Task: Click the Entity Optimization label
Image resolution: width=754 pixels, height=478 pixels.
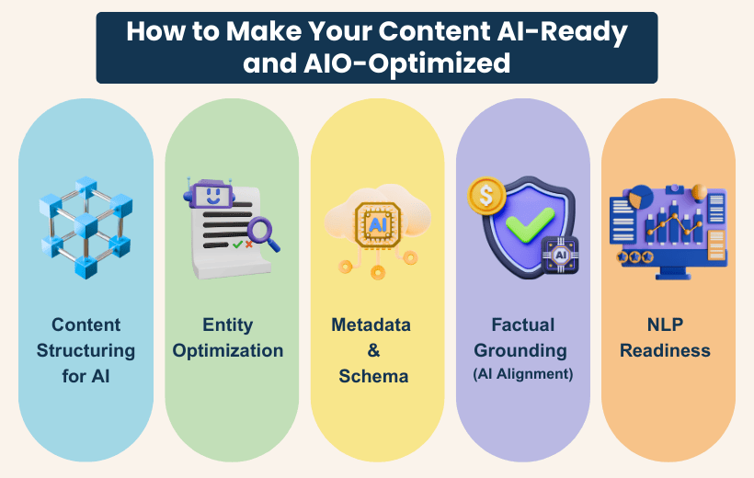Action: pos(228,337)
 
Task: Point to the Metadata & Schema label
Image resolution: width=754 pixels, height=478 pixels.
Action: pos(371,350)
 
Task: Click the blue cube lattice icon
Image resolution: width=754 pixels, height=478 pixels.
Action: pos(86,225)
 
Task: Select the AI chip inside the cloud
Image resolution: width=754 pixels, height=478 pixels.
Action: pos(376,224)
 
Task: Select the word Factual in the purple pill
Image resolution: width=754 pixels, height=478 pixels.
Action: pos(522,324)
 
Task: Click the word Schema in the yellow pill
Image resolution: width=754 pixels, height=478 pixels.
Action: pos(371,376)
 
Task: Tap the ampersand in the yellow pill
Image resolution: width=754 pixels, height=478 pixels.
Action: pos(371,350)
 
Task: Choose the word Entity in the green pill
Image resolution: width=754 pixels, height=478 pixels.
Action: pos(228,324)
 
